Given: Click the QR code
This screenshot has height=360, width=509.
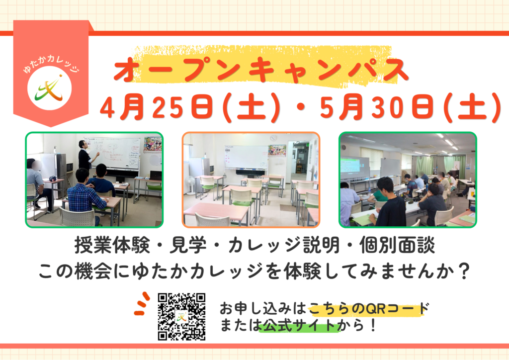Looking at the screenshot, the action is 181,317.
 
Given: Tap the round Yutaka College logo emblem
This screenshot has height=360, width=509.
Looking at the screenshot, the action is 49,88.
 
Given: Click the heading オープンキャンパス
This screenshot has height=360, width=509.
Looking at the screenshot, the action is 261,70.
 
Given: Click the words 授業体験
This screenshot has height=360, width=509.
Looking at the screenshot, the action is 112,245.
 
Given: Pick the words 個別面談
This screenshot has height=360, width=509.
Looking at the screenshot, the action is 397,245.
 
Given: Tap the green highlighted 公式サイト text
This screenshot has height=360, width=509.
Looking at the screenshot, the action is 299,325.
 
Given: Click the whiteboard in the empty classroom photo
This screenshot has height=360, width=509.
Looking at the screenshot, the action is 247,157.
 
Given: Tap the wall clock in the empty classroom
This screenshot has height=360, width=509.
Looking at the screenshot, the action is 273,138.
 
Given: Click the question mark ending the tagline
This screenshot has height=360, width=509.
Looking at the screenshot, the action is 465,271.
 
